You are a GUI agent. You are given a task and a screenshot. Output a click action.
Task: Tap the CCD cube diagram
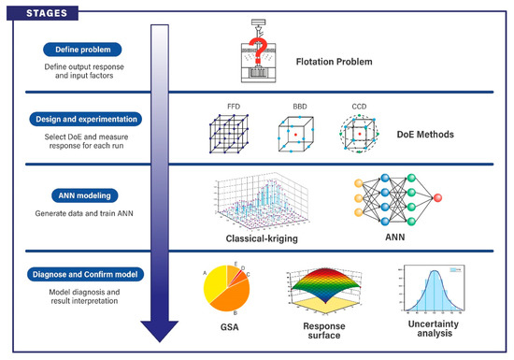pos(359,137)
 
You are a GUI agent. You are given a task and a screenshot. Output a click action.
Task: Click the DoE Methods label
pos(421,135)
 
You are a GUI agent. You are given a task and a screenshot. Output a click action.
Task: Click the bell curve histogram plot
pos(425,291)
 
